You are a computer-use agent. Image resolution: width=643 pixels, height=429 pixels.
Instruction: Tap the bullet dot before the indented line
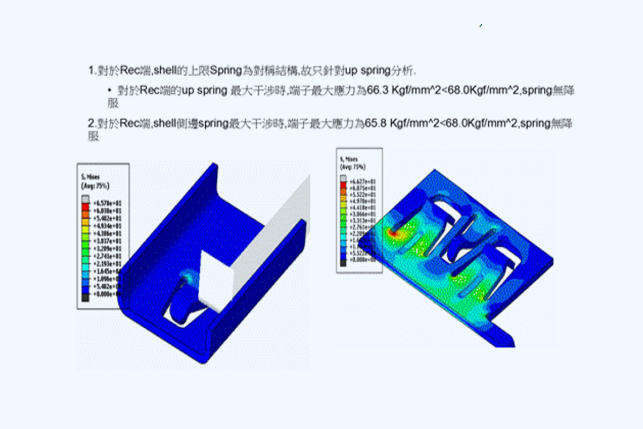tap(110, 90)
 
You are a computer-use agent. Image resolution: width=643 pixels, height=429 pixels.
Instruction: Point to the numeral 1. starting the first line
tap(92, 71)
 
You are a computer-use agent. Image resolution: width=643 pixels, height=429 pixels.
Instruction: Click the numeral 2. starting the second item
tap(92, 124)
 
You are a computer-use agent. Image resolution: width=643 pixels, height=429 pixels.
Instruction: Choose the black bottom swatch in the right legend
tap(343, 263)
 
